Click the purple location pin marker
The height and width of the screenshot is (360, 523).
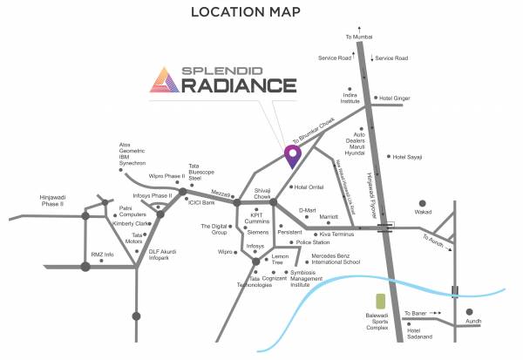(x=293, y=155)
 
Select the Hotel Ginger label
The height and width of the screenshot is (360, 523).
(x=395, y=98)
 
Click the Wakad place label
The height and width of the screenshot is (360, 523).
(x=424, y=211)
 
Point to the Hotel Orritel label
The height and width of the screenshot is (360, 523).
(x=309, y=187)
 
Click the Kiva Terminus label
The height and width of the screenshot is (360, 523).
(x=338, y=234)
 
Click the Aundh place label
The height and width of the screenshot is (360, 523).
(x=473, y=321)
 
